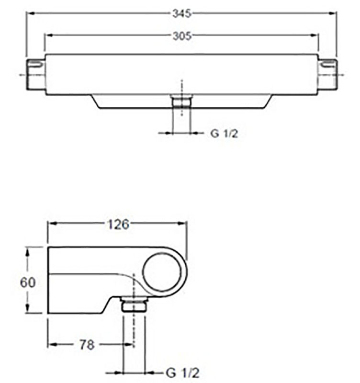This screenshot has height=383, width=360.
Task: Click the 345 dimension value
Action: [182, 14]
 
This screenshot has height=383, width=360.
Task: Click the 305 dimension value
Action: [182, 36]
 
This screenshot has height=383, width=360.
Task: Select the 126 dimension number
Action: [118, 224]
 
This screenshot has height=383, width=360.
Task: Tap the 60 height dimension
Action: [28, 282]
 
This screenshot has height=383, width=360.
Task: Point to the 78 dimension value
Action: [87, 345]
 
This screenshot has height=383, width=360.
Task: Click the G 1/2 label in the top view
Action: [224, 134]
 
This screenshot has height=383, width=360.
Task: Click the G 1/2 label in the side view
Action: [183, 373]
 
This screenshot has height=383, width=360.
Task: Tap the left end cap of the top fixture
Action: [35, 75]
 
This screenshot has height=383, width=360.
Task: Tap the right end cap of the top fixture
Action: [327, 75]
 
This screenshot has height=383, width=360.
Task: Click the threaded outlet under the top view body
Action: [182, 101]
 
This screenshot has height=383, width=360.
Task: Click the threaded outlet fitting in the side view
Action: [134, 304]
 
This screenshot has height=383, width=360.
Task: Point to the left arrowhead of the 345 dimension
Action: [31, 14]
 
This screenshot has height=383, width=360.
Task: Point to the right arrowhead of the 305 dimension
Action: [314, 35]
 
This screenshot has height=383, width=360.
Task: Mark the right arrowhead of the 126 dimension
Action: [182, 224]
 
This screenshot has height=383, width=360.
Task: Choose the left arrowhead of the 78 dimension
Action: [52, 345]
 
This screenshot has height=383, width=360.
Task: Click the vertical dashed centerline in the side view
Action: [134, 309]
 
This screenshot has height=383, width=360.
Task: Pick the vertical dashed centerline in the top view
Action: [181, 98]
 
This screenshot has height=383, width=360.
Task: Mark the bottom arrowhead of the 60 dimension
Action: [28, 308]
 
